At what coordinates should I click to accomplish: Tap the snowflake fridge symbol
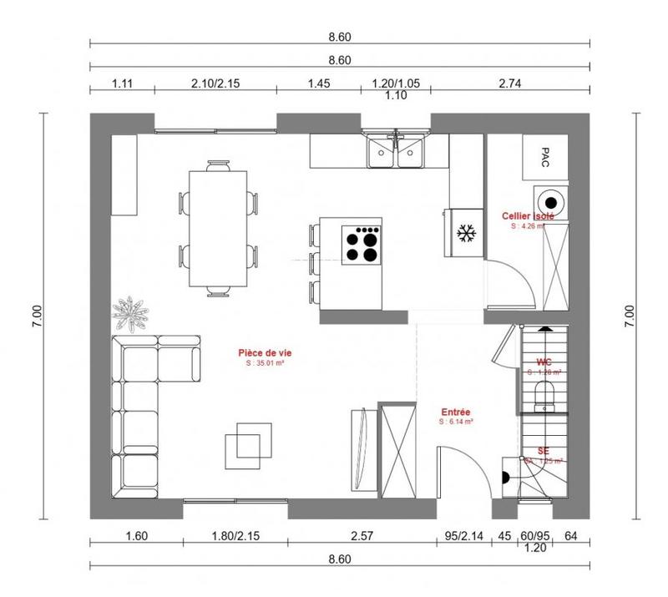465,234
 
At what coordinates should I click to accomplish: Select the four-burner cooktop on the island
363,244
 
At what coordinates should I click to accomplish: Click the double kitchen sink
396,152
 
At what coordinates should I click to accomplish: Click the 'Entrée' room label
455,412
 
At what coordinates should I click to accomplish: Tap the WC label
544,362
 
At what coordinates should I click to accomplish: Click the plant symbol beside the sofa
132,312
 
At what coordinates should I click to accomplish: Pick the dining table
219,227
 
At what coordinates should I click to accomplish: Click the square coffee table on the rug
247,442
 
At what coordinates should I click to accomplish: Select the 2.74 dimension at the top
509,83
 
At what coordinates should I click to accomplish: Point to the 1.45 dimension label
318,83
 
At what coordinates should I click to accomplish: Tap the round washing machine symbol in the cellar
552,200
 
